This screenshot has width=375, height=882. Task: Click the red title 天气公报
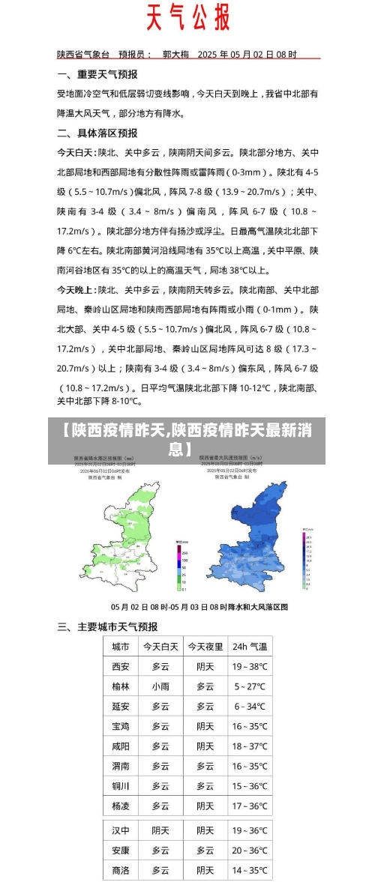[x=187, y=17]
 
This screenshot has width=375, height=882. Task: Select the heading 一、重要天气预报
[x=97, y=74]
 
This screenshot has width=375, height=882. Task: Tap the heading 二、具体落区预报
[x=97, y=133]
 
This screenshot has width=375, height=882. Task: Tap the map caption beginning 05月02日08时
[x=199, y=606]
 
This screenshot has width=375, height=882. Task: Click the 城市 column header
[x=120, y=647]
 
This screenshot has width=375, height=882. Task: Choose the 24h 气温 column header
[x=249, y=647]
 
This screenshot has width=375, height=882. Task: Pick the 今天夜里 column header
[x=205, y=647]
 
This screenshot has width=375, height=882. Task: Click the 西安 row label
[x=120, y=666]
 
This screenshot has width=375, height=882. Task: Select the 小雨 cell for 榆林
[x=160, y=686]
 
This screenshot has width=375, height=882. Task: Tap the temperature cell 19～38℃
[x=249, y=666]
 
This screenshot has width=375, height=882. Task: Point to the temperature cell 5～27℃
[x=249, y=686]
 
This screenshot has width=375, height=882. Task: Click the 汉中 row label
[x=120, y=830]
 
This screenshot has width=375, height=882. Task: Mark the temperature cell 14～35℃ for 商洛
[x=249, y=870]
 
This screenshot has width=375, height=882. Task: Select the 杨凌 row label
[x=120, y=806]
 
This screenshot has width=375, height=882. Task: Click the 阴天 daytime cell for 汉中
[x=160, y=830]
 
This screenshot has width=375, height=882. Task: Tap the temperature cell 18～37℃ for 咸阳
[x=249, y=746]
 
